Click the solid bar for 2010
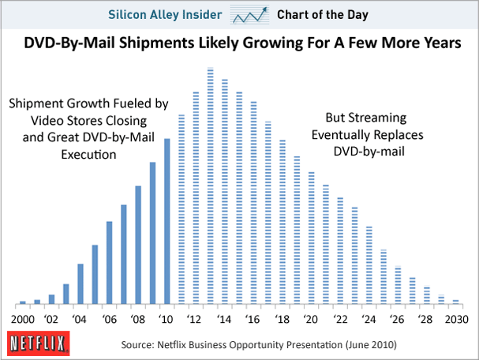coord(167,221)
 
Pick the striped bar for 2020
coord(311,237)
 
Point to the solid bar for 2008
coord(138,244)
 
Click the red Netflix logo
coord(34,344)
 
